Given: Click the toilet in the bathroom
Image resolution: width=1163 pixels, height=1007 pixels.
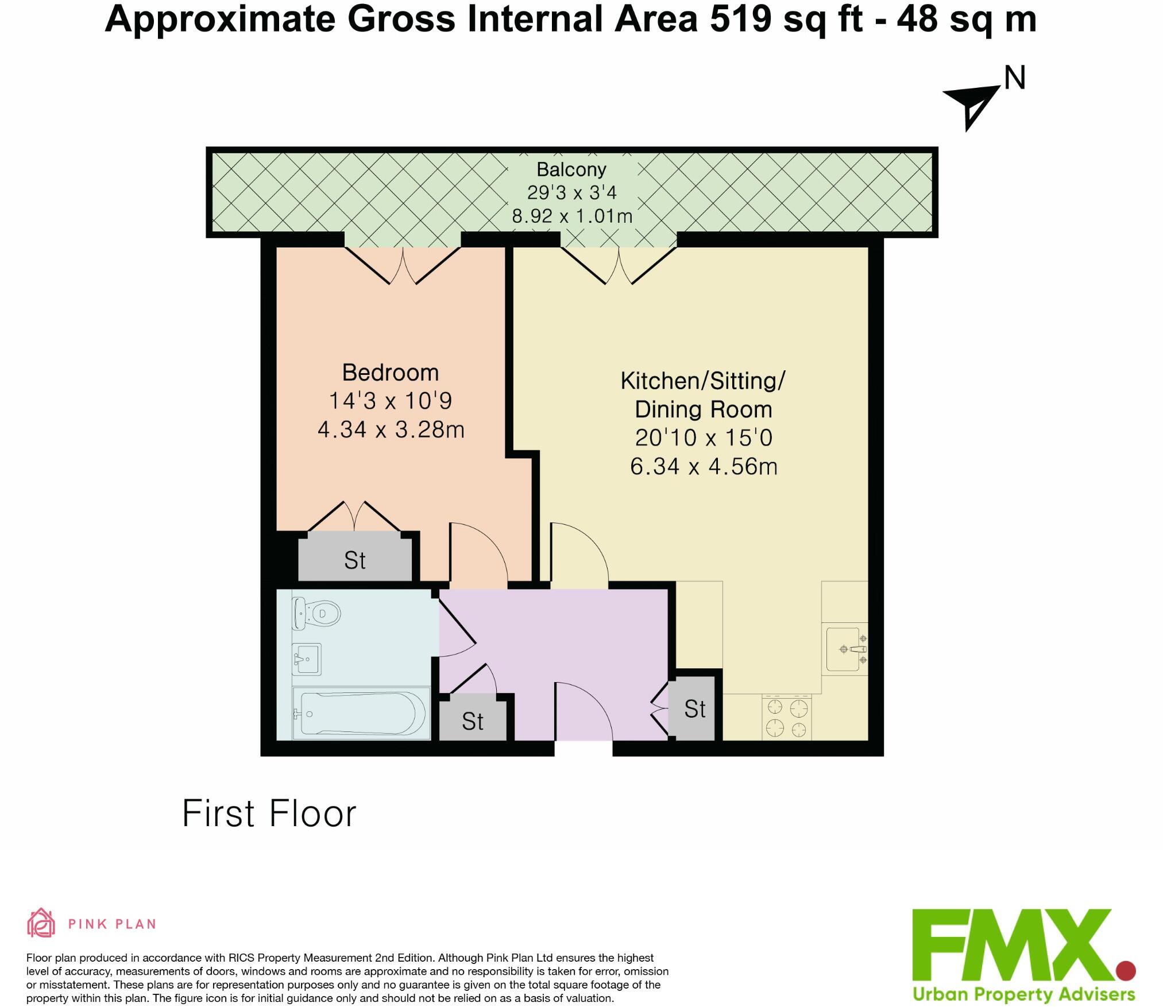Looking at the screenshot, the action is coord(315,613).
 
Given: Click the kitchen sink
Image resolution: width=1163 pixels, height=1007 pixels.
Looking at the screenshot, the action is coord(846,649).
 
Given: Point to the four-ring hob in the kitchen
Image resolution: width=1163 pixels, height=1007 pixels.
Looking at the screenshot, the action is coord(787,716).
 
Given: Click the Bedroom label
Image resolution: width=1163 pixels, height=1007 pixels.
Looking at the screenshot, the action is coord(391,373).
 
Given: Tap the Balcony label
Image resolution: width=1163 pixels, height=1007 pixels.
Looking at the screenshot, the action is coord(571,169).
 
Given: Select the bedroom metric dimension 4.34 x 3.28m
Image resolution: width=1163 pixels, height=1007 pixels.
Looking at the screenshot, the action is coord(391,429).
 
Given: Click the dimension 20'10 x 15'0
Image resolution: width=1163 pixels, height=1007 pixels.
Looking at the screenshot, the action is coord(704,438).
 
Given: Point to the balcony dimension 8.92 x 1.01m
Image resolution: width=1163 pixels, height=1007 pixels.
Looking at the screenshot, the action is coord(572,216).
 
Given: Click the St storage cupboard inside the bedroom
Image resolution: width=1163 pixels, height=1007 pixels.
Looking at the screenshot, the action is coord(355,556).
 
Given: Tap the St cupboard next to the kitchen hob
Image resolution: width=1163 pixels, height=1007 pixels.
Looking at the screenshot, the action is coord(695,708).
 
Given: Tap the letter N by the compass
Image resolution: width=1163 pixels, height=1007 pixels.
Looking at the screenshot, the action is coord(1015,79).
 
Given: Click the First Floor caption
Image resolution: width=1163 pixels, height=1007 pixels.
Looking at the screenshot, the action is coord(269,814).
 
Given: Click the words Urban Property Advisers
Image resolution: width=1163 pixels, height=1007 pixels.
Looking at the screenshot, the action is coord(1024,993).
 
